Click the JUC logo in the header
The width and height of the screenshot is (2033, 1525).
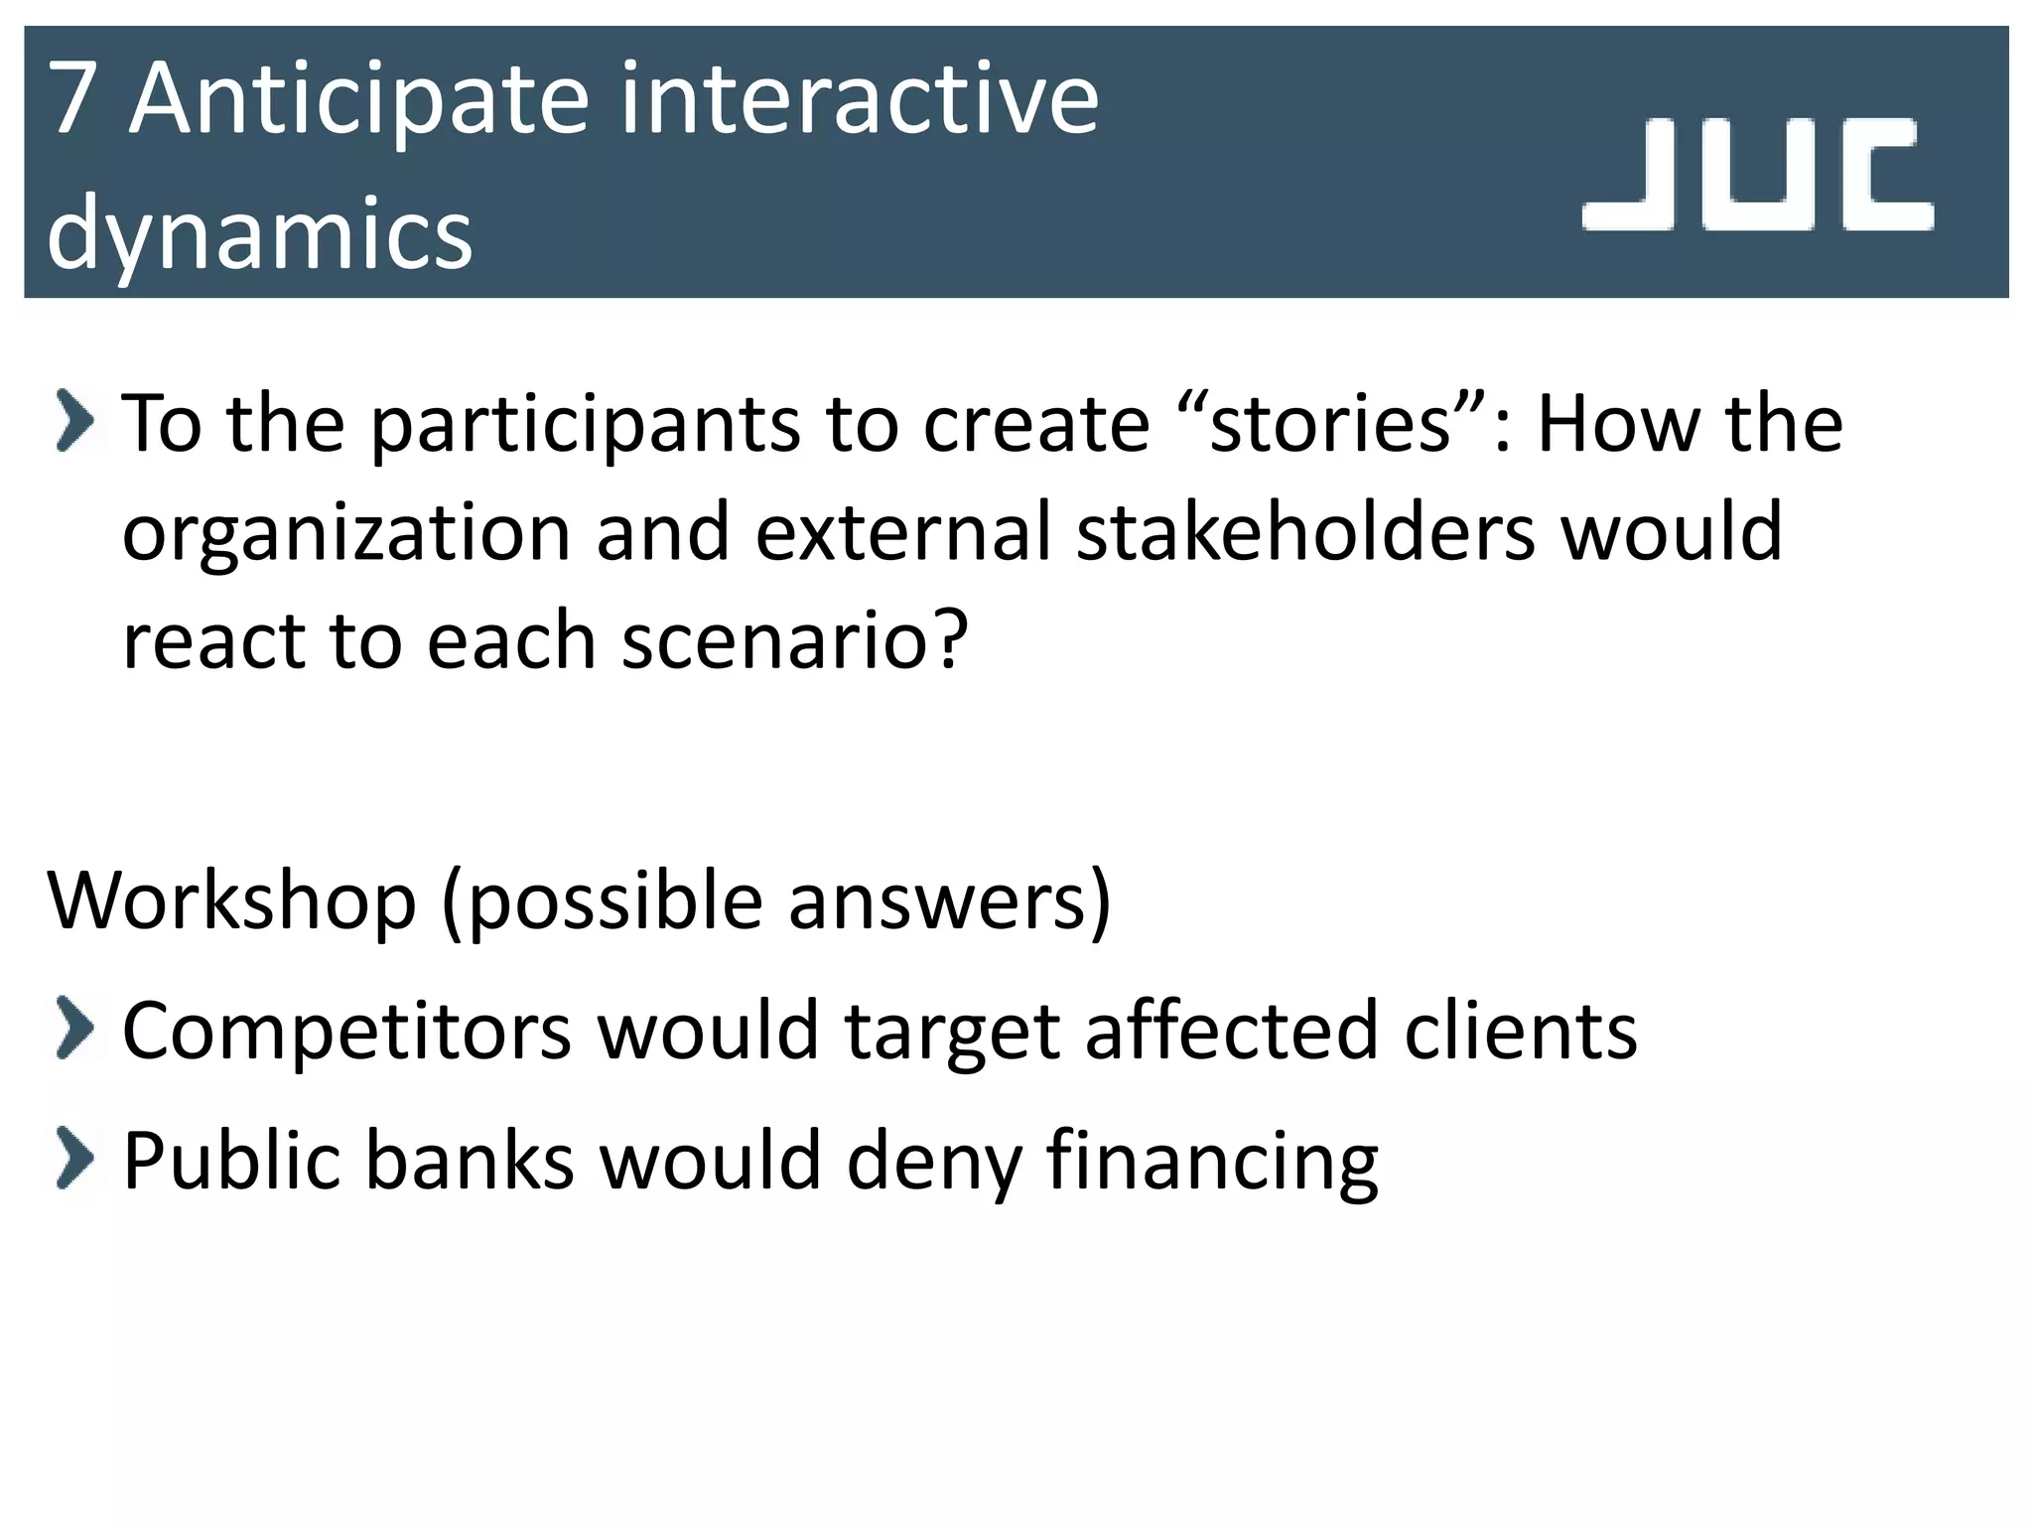1757,175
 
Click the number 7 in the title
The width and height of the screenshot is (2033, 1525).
72,99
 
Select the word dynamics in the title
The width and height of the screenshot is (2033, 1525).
260,234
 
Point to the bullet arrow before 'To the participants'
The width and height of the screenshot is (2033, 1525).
75,422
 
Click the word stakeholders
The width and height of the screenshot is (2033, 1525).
1306,532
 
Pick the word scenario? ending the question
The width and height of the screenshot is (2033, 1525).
794,640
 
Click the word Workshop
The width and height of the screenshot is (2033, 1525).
231,901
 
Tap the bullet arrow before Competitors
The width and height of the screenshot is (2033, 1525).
75,1029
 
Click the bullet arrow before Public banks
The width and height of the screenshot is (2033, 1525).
75,1158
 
